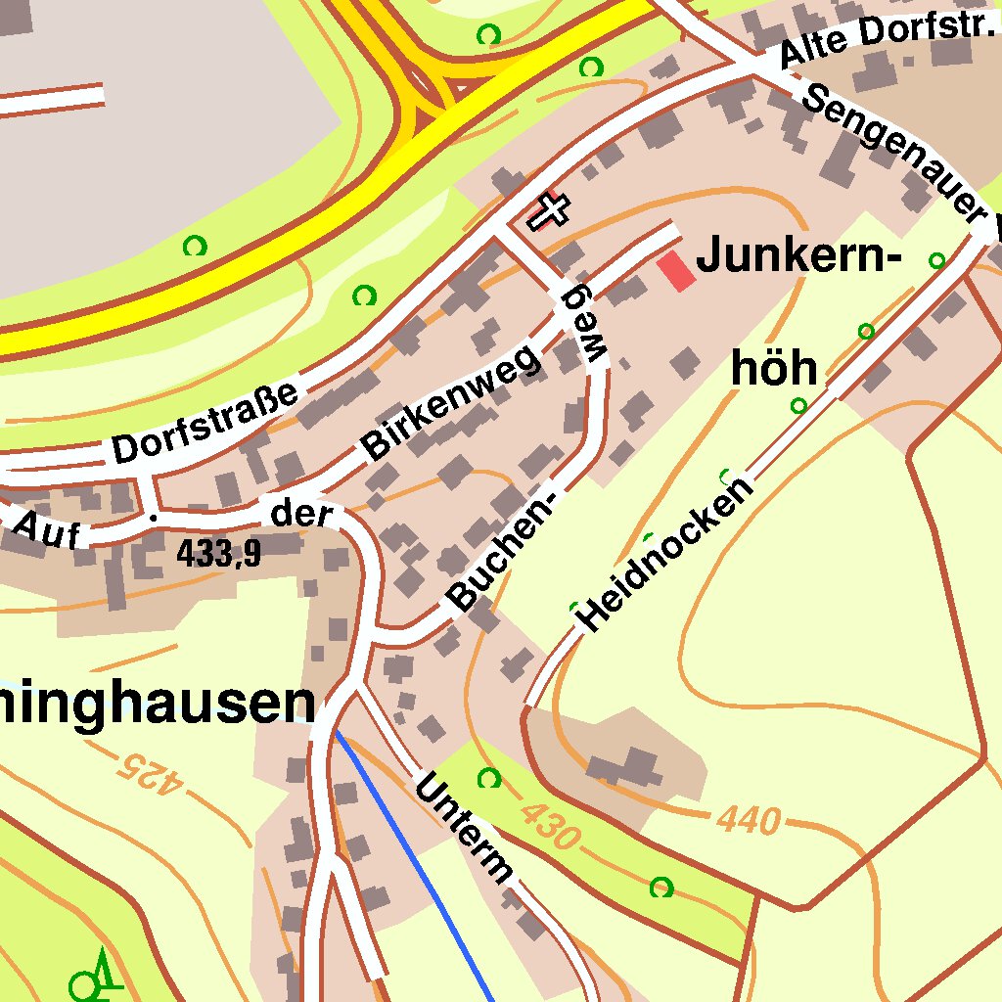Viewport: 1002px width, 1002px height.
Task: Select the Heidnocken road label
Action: [x=666, y=554]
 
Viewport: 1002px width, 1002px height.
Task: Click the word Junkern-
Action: [x=797, y=257]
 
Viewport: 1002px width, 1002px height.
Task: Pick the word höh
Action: [x=774, y=369]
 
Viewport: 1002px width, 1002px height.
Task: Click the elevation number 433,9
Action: [x=219, y=554]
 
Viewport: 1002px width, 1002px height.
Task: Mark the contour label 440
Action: [x=750, y=819]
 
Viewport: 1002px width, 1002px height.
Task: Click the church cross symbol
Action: [x=549, y=210]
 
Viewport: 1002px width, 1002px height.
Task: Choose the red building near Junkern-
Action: [x=676, y=270]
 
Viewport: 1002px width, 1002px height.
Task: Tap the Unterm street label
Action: [x=464, y=827]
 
